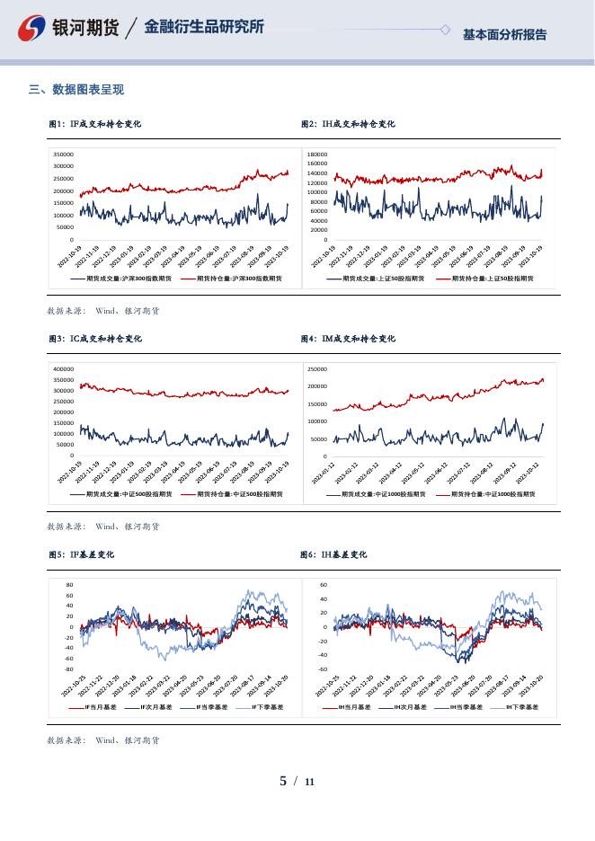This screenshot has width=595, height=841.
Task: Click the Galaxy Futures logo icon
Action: click(33, 28)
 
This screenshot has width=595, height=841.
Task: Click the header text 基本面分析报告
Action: click(504, 34)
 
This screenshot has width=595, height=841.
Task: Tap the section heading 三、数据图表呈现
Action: click(76, 89)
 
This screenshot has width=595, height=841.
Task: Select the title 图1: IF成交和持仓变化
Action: click(94, 124)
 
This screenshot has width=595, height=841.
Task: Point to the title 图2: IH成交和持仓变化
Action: click(348, 124)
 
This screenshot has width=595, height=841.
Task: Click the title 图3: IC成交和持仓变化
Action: click(94, 339)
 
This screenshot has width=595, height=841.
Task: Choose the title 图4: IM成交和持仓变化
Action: click(348, 339)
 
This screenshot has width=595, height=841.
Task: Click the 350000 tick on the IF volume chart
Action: click(62, 155)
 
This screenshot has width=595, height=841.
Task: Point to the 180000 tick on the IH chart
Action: click(316, 155)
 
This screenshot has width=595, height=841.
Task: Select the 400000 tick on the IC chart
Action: click(62, 369)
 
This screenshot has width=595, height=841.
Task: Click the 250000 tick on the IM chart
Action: click(316, 369)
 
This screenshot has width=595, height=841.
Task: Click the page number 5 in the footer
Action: click(283, 781)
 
